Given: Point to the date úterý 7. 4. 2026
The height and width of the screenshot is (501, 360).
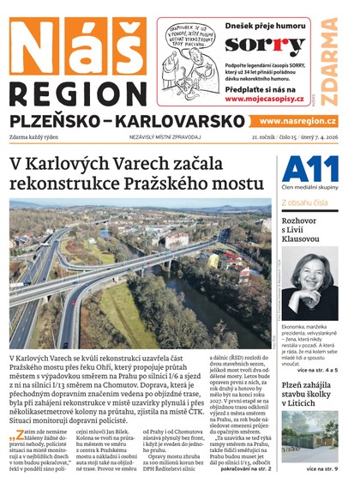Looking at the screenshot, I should point(315,137).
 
